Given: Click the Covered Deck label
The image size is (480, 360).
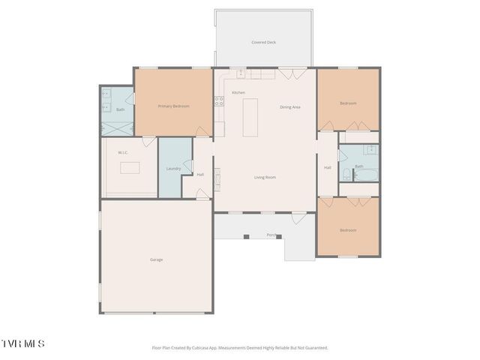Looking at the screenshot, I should [x=263, y=43].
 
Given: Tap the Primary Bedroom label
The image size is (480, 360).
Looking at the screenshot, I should [x=173, y=106].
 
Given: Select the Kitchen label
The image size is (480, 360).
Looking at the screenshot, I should [x=238, y=92].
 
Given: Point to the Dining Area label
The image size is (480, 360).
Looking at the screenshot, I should [x=290, y=107].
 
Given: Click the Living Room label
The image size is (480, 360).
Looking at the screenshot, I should [x=265, y=177].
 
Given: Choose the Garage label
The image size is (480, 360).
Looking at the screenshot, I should [x=156, y=259].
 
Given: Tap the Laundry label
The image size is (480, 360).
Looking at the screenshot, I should [x=173, y=169].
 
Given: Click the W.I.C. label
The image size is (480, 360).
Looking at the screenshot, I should [x=123, y=153].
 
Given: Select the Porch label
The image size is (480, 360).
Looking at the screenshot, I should [x=271, y=235].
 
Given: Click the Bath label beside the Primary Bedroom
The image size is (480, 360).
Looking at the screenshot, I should [x=120, y=110].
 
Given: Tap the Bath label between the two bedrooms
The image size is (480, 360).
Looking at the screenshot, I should [x=358, y=166].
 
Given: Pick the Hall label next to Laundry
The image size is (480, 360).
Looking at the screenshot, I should [x=200, y=175].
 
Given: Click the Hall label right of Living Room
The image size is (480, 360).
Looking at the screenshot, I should [x=327, y=167].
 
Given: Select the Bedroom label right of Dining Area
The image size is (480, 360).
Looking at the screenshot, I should [x=347, y=103].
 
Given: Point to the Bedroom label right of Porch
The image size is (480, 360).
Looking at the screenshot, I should [x=347, y=230].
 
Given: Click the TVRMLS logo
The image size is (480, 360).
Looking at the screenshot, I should [x=22, y=343].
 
